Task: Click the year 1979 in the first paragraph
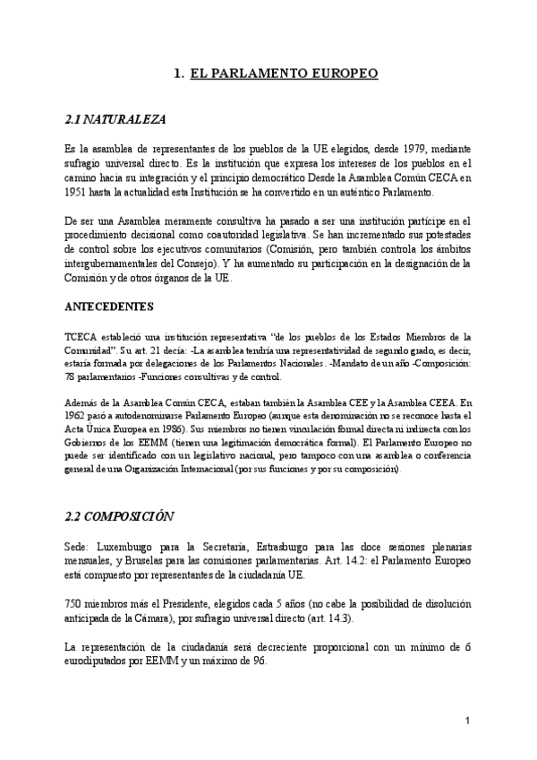[405, 148]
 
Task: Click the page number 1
[468, 721]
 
